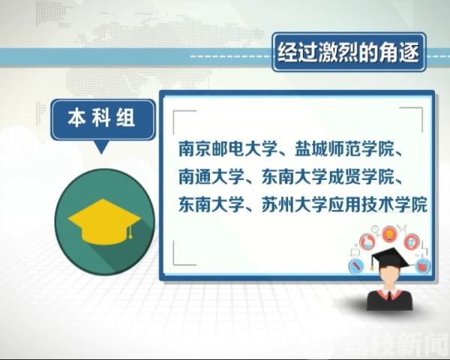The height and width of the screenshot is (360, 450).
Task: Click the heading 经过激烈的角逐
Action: (349, 52)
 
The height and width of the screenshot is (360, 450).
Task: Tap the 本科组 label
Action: (101, 118)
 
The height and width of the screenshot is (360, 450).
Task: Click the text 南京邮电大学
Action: (228, 148)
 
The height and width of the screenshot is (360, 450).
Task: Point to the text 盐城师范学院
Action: (344, 148)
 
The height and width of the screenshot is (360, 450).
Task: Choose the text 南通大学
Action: (211, 176)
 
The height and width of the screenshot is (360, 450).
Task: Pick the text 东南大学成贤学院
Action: (328, 176)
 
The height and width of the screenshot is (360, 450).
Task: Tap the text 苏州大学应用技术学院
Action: (344, 204)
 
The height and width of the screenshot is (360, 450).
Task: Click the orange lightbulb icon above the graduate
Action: (389, 234)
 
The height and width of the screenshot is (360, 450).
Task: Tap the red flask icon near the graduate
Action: (367, 242)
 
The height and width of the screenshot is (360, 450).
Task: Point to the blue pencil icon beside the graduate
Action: (356, 265)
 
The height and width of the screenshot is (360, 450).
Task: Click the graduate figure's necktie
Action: (389, 295)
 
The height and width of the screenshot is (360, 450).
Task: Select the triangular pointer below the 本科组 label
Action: (101, 147)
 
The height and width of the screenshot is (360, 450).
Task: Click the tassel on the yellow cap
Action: (130, 231)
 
